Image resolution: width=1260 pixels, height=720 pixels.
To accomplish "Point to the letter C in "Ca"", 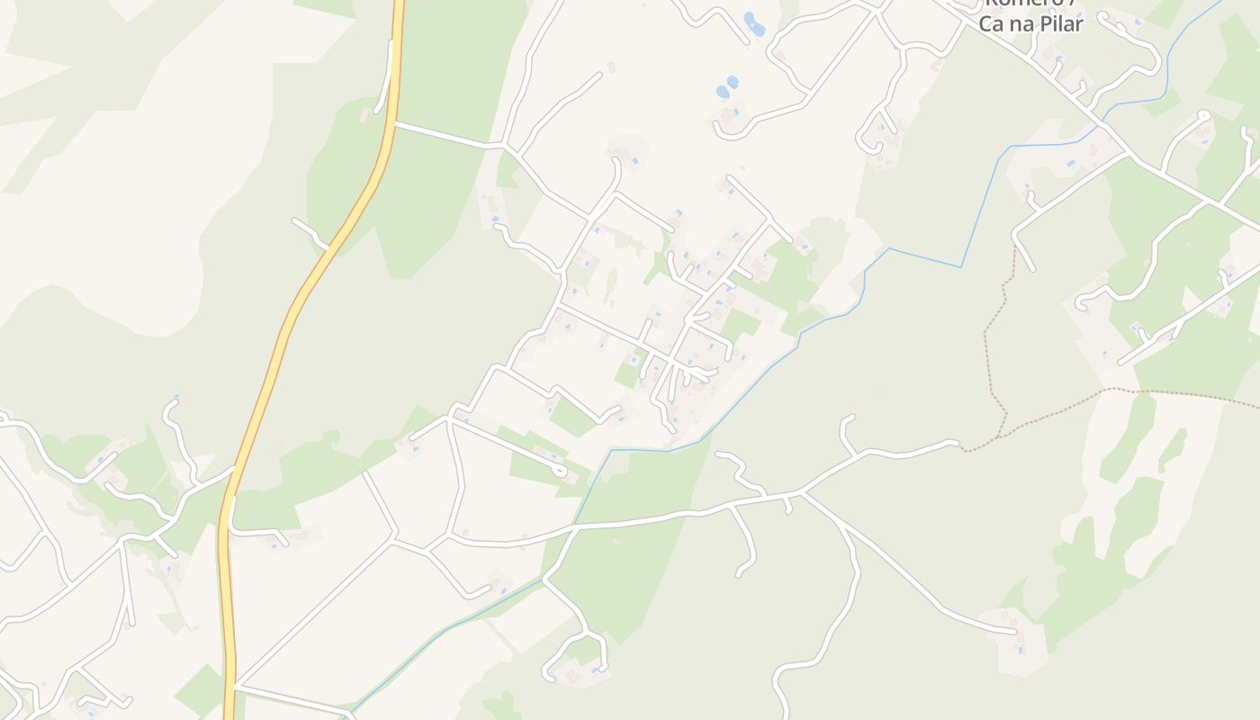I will [987, 23].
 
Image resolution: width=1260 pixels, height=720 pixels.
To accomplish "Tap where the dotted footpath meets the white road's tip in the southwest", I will [962, 445].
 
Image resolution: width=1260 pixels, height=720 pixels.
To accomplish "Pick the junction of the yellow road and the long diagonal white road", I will [234, 686].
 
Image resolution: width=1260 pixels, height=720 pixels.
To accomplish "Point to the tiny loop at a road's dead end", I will [560, 471].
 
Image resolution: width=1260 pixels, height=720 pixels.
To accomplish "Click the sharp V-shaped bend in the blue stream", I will [962, 266].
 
